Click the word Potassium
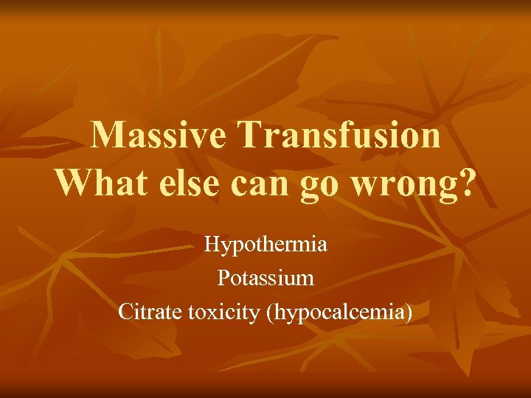[265, 278]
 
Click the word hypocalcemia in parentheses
[339, 313]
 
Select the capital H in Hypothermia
[211, 244]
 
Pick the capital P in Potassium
[223, 278]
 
